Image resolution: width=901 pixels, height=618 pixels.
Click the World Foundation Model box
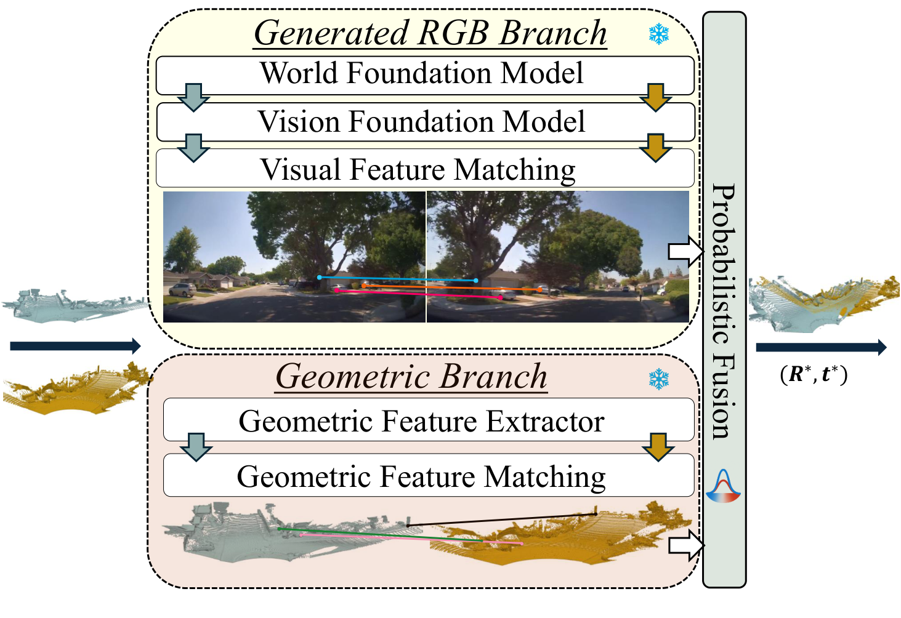pos(425,74)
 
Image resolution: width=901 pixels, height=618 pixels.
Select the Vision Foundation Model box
pos(425,122)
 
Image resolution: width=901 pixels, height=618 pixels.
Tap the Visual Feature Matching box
pos(425,169)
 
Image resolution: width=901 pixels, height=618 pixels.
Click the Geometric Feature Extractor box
pos(425,422)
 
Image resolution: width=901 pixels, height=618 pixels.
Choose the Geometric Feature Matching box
pos(425,476)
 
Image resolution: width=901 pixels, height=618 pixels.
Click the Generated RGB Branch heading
pos(430,33)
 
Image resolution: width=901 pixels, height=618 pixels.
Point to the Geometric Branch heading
pos(411,376)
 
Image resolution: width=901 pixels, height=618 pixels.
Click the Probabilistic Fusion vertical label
pos(724,311)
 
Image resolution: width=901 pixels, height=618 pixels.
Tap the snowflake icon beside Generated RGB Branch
pos(659,34)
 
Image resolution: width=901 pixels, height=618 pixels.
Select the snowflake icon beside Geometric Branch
pos(659,379)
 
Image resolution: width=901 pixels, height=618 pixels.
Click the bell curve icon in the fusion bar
pos(724,486)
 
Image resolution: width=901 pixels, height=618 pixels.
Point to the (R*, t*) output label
pos(814,374)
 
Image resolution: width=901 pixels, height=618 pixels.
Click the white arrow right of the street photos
pos(685,251)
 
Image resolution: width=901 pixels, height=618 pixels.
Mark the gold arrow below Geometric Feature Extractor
pos(658,447)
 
